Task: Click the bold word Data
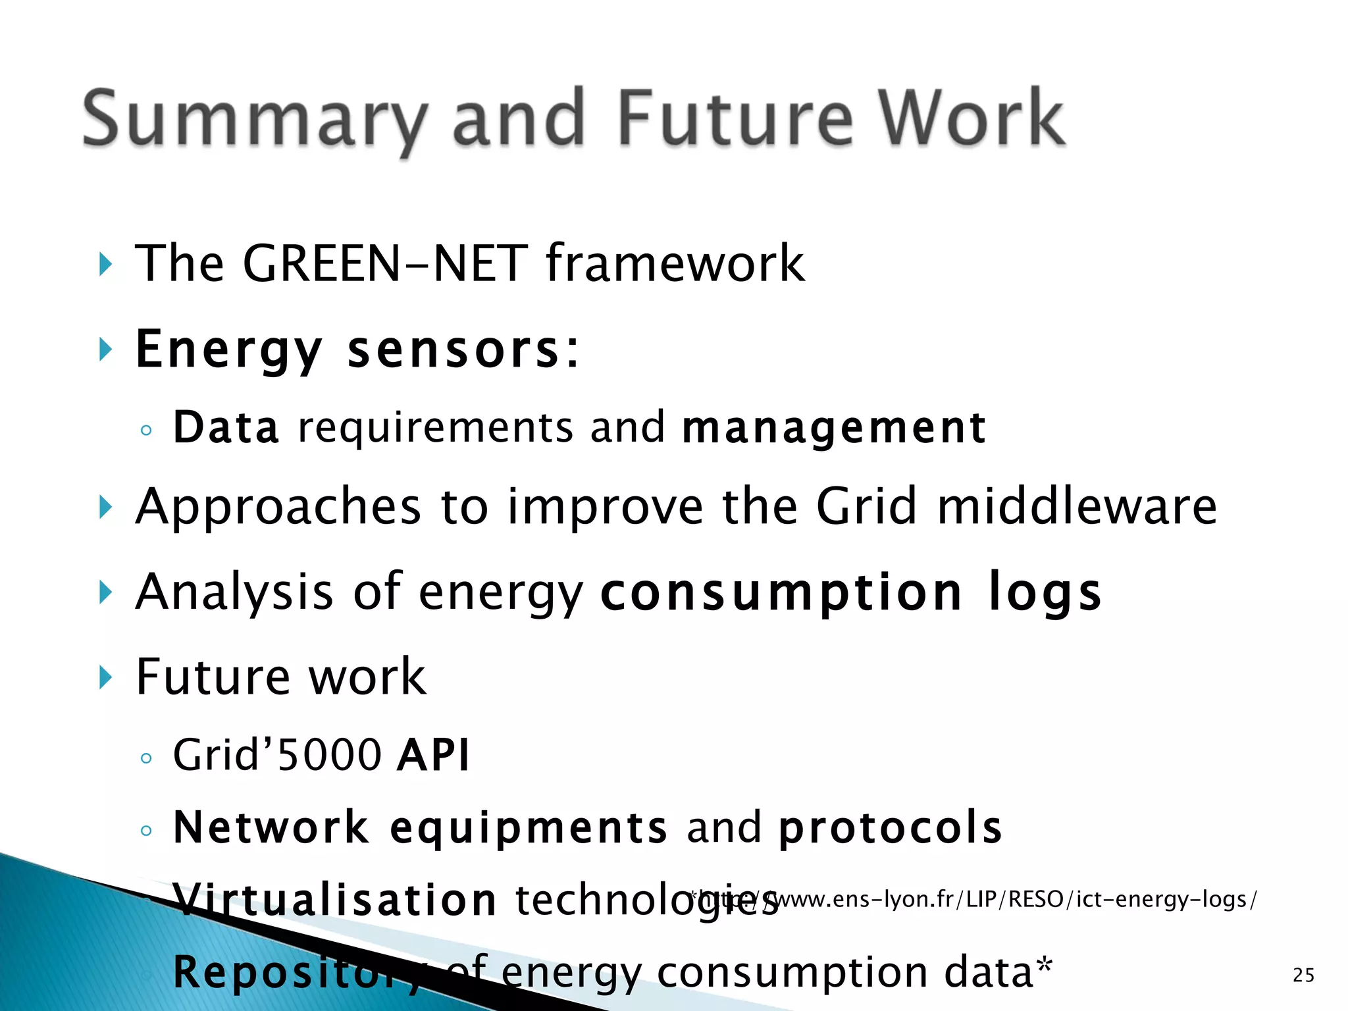(x=226, y=428)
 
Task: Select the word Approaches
(x=278, y=508)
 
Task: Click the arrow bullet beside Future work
(x=105, y=677)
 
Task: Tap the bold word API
(x=433, y=755)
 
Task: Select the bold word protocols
(x=890, y=828)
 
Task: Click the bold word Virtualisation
(x=334, y=900)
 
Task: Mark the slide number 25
(x=1303, y=975)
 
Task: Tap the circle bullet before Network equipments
(x=146, y=830)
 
